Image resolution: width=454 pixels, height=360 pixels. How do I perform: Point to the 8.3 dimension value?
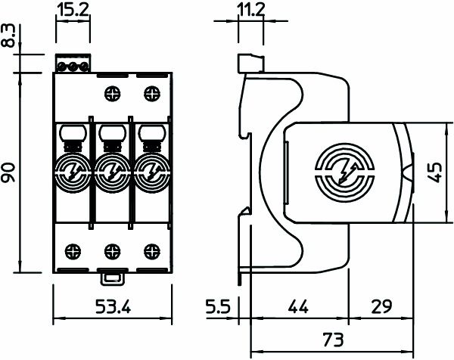9,38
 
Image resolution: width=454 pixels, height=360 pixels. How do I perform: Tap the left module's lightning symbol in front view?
74,172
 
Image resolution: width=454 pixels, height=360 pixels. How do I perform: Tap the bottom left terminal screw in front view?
74,249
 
